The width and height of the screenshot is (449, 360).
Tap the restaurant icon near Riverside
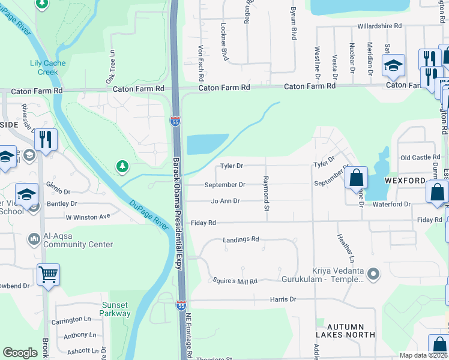pos(46,140)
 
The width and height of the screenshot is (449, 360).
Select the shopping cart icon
pos(48,275)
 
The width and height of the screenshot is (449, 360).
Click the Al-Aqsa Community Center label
pos(78,240)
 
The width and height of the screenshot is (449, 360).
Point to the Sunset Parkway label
pos(115,309)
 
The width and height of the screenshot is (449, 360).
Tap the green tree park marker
pos(123,166)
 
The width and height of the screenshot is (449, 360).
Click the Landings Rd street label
pos(241,239)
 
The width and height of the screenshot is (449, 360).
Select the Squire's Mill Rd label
pos(235,281)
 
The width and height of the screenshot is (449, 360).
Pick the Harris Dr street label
pos(283,299)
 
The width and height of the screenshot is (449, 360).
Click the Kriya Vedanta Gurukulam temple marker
pos(374,275)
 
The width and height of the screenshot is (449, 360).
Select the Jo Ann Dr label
pos(225,201)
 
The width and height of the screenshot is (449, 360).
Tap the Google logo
pos(20,353)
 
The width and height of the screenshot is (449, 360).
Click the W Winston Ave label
pos(88,217)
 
